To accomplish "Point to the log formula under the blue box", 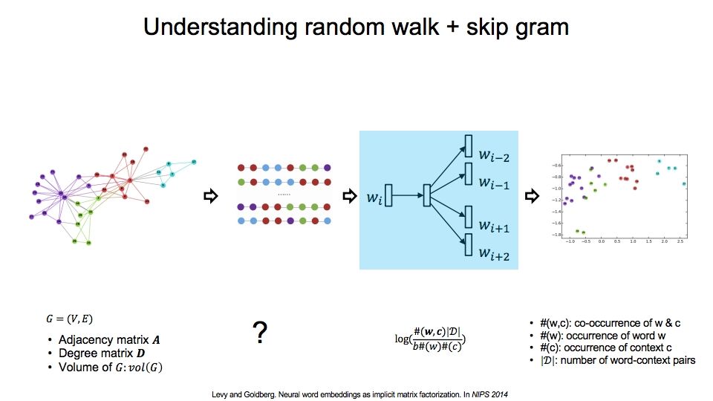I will pos(434,339).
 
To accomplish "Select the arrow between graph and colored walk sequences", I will pos(210,196).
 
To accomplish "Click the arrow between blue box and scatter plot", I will pos(531,196).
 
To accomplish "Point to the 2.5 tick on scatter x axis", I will pos(680,241).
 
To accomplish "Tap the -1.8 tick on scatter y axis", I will pos(555,235).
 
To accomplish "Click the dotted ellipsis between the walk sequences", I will pos(284,195).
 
